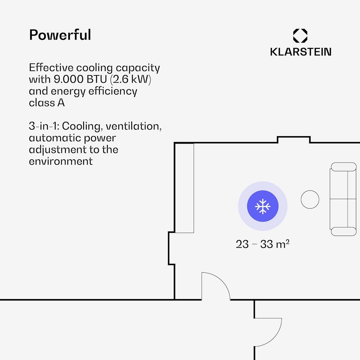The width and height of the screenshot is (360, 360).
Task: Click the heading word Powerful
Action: point(60,35)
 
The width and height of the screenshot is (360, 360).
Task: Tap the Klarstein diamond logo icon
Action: point(300,36)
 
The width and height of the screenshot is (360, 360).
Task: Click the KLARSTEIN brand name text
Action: point(301,52)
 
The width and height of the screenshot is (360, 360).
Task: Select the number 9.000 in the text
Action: point(68,79)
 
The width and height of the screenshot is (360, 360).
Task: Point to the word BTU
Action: point(97,79)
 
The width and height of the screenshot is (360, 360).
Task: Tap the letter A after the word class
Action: point(61,103)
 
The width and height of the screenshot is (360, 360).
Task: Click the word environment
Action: point(61,161)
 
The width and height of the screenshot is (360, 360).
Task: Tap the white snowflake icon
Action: point(262,206)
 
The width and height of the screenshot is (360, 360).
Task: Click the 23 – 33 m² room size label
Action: point(262,244)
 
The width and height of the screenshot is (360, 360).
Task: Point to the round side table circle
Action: point(310,199)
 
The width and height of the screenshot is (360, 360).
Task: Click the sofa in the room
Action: point(343,199)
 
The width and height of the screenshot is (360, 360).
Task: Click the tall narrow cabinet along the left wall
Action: point(184,188)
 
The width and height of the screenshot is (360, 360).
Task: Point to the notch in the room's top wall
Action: point(294,139)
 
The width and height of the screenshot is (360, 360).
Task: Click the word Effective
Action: point(51,68)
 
